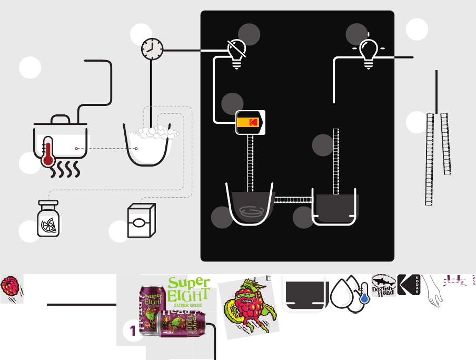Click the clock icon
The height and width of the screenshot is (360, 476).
152,50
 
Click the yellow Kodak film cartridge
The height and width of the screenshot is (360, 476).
250,122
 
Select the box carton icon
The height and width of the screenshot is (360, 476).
141,221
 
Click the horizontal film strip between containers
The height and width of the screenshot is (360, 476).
293,199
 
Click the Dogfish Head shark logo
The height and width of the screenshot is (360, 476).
383,285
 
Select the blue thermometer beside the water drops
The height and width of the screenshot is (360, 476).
363,294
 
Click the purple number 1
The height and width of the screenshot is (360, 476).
133,331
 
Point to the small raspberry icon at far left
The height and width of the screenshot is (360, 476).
9,288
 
